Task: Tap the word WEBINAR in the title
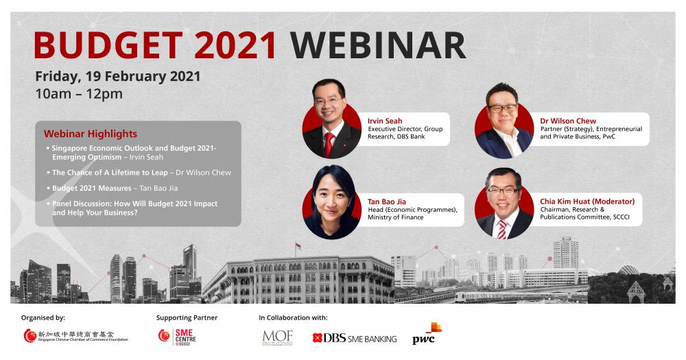click(x=377, y=45)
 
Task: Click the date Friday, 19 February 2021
click(x=118, y=77)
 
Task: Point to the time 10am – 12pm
click(x=79, y=94)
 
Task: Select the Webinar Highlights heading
click(x=90, y=134)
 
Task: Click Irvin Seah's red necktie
click(x=329, y=144)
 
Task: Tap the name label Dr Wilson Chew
click(x=568, y=121)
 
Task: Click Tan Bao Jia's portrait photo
click(x=331, y=202)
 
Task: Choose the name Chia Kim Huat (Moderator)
click(x=587, y=201)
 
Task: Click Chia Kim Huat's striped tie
click(x=502, y=229)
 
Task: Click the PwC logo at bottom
click(x=427, y=334)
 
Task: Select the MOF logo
click(x=277, y=337)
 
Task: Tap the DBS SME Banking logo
click(x=355, y=338)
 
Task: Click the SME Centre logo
click(x=177, y=337)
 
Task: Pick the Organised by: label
click(x=43, y=317)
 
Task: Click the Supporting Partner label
click(x=187, y=317)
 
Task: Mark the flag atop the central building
click(x=298, y=246)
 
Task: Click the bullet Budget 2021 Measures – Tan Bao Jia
click(x=115, y=188)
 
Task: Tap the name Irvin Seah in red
click(x=385, y=121)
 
